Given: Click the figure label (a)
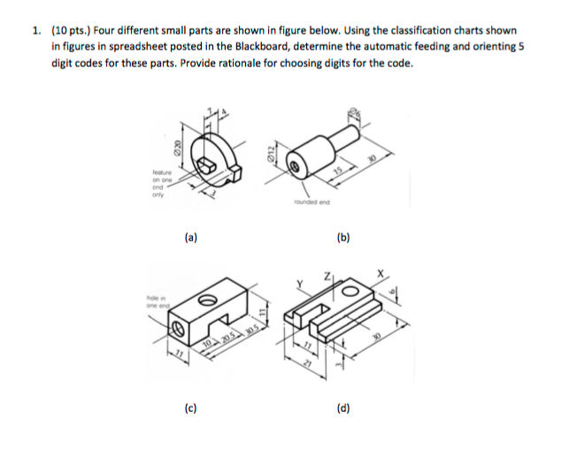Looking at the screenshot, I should pyautogui.click(x=190, y=237).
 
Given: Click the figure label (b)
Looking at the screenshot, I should pyautogui.click(x=343, y=237).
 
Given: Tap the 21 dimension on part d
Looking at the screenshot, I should pyautogui.click(x=310, y=376).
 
